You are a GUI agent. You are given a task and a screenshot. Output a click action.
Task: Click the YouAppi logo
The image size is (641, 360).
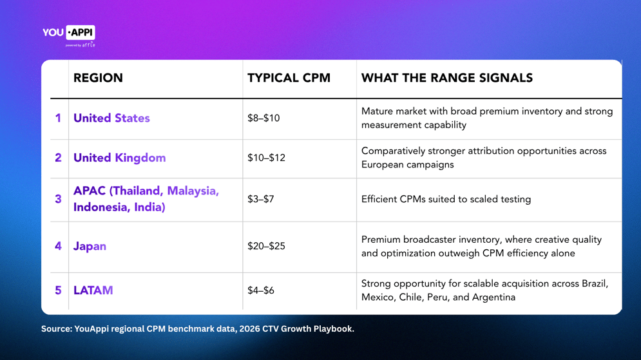(69, 36)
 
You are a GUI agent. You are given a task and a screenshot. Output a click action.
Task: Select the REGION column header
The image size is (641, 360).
(98, 78)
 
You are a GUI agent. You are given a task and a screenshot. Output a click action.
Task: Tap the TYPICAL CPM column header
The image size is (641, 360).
(289, 78)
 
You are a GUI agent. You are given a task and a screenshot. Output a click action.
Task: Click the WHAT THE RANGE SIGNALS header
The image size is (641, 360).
(447, 78)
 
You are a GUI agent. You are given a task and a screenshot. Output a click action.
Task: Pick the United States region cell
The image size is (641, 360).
(111, 118)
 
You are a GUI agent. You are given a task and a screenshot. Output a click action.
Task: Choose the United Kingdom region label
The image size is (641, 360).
(119, 158)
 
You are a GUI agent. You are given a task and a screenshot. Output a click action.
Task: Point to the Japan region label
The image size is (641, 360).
(90, 247)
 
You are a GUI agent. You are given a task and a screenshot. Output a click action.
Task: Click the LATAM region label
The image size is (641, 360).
(93, 290)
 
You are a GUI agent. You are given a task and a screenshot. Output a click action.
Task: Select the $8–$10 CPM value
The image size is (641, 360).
(263, 118)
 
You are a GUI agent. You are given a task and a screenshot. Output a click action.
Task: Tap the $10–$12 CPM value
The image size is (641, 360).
(266, 158)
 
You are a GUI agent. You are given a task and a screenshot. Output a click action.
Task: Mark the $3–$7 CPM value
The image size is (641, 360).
(260, 199)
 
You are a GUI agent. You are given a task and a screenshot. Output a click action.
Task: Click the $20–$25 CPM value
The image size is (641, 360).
(266, 246)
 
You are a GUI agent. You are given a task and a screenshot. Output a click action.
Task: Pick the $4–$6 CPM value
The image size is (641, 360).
(260, 290)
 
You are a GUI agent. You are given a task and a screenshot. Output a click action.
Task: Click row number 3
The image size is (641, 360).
(58, 199)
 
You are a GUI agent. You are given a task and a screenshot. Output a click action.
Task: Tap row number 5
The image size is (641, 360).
(58, 290)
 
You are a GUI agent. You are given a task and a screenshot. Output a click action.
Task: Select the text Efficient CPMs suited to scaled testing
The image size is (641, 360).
(446, 200)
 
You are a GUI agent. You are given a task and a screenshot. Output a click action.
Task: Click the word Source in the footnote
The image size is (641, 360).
(57, 329)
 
